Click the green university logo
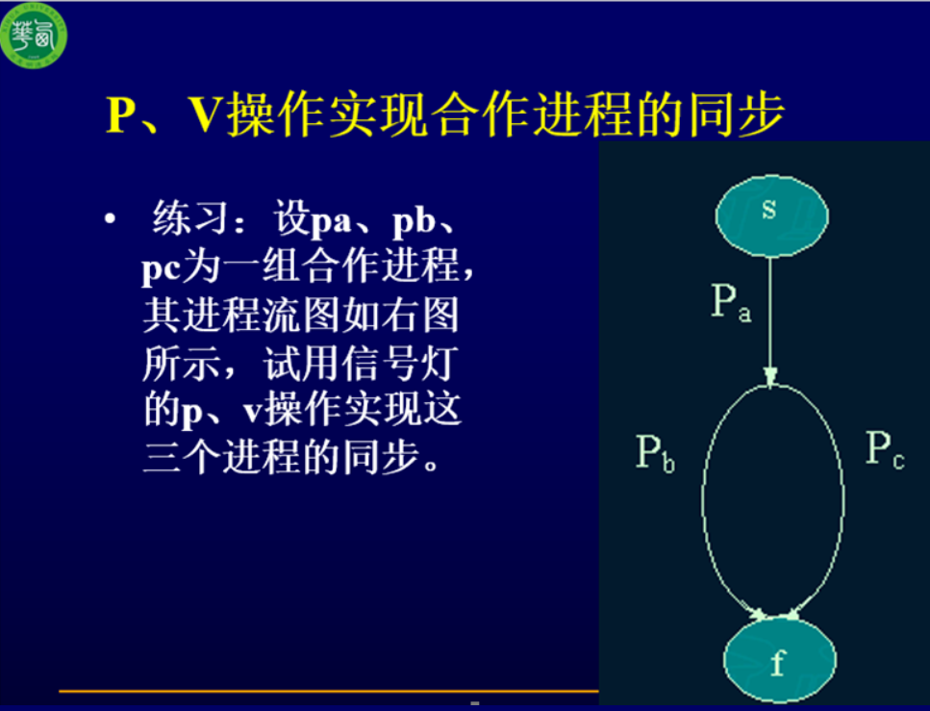[34, 35]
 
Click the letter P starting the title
[121, 114]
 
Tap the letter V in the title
[208, 114]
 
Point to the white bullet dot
[110, 219]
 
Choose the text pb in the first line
[414, 220]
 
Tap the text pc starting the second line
[161, 269]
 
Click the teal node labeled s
[771, 216]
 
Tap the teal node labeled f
[779, 660]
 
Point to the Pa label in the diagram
[731, 302]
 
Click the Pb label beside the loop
[655, 453]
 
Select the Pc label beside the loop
[885, 449]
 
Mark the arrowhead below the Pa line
[769, 378]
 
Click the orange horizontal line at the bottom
[329, 691]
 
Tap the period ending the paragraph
[431, 465]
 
